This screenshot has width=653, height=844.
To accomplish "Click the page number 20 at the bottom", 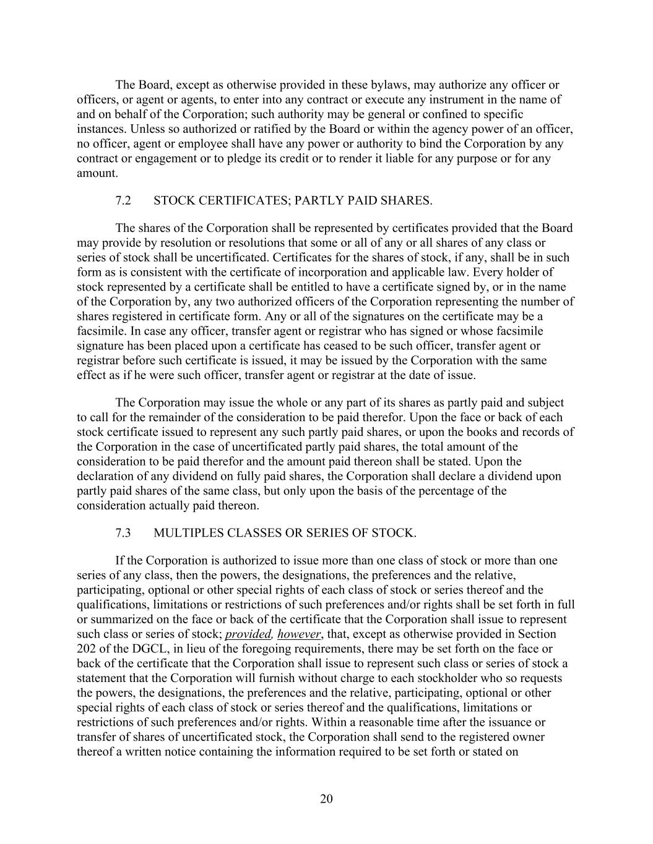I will point(326,799).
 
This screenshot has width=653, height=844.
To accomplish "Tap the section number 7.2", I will point(123,200).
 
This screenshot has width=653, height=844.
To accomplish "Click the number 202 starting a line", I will point(87,649).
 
